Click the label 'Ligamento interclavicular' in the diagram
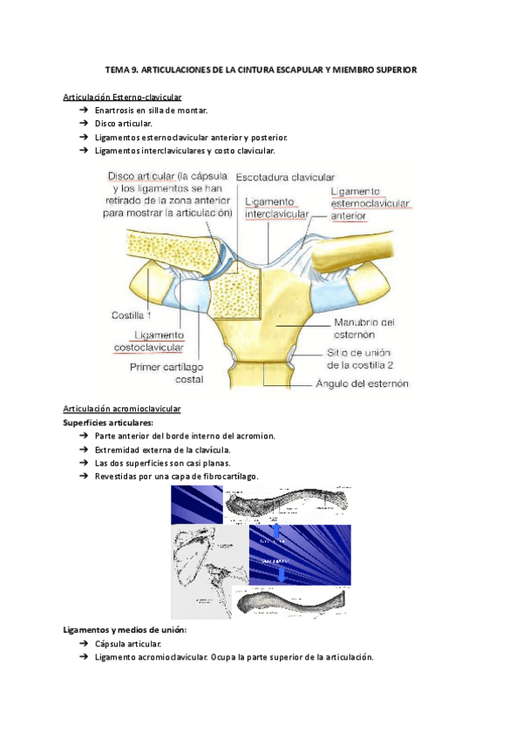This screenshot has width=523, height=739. tap(276, 207)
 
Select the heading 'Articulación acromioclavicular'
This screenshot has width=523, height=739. tap(122, 408)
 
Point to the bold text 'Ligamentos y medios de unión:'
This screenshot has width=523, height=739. tap(126, 629)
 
